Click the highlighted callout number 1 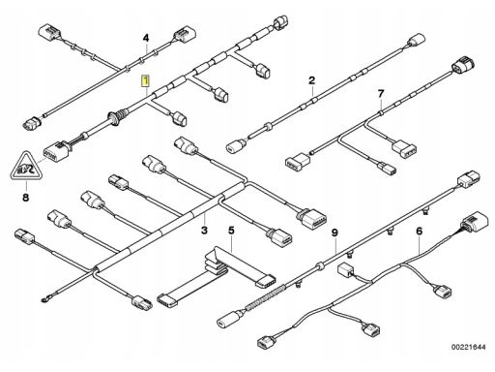click(146, 80)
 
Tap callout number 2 click(311, 80)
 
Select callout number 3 click(204, 231)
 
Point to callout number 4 click(146, 38)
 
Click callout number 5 click(231, 231)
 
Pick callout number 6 click(419, 232)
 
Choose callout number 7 click(381, 94)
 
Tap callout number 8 click(26, 197)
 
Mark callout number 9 click(335, 232)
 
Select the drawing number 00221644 click(468, 347)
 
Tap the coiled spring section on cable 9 click(266, 296)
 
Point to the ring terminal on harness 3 click(44, 301)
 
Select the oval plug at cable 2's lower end click(234, 146)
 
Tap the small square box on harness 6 click(345, 270)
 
